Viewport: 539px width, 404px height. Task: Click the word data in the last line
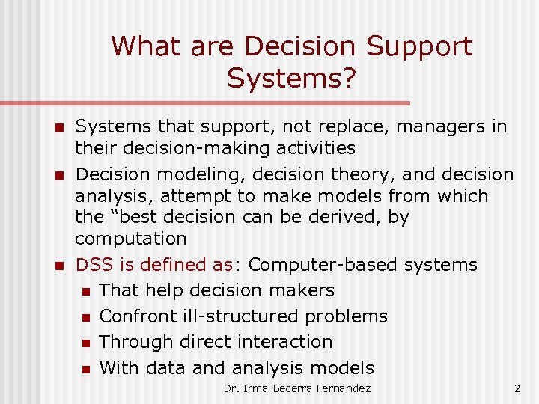click(x=166, y=368)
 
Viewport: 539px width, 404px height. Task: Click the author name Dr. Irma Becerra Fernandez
click(x=296, y=388)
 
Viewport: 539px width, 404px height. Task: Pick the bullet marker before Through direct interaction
click(x=85, y=343)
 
